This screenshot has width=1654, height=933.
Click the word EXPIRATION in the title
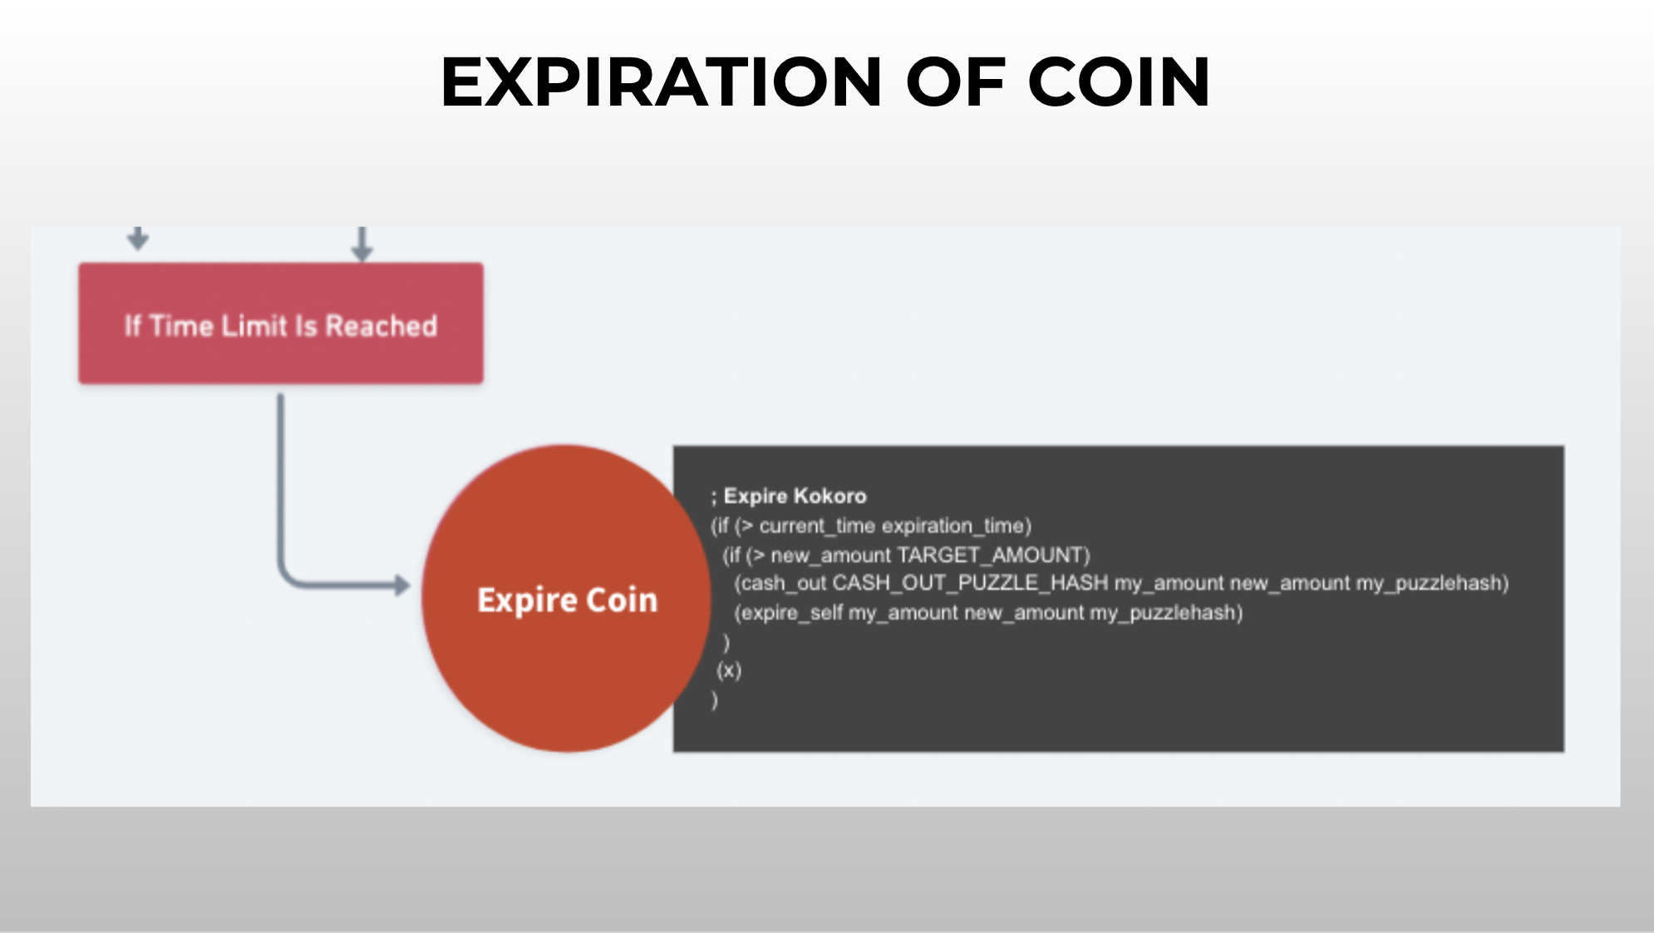point(662,81)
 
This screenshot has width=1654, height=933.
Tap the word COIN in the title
point(1119,81)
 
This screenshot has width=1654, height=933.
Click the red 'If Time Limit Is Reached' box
point(281,323)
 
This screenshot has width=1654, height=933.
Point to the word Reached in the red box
point(381,326)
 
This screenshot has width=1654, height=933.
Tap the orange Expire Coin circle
point(566,599)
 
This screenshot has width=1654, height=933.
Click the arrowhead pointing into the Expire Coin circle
point(402,585)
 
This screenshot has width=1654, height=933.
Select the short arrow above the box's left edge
point(138,238)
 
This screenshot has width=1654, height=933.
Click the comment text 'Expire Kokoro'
point(795,496)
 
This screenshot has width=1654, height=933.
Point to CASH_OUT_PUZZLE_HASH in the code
point(970,584)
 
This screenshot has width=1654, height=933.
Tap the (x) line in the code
point(729,670)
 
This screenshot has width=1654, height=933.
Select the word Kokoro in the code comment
point(830,496)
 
